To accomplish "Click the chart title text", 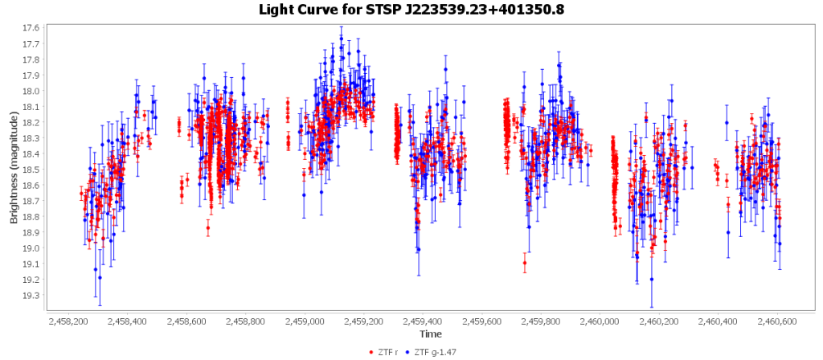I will pyautogui.click(x=411, y=10).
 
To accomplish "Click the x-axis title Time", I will pyautogui.click(x=429, y=333).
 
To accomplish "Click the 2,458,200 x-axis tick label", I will pyautogui.click(x=69, y=321).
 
